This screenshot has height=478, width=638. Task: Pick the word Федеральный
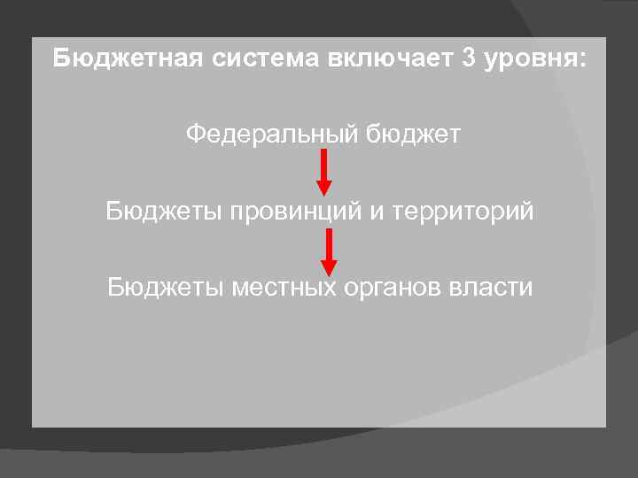[x=271, y=135]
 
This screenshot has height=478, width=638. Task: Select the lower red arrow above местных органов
[x=329, y=251]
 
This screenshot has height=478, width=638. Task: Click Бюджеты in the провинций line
[x=163, y=212]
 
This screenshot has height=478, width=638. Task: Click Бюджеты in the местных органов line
[x=165, y=288]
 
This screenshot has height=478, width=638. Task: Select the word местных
[x=283, y=288]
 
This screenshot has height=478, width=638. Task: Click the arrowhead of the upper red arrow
[x=324, y=187]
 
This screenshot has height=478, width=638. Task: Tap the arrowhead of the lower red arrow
[x=329, y=267]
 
